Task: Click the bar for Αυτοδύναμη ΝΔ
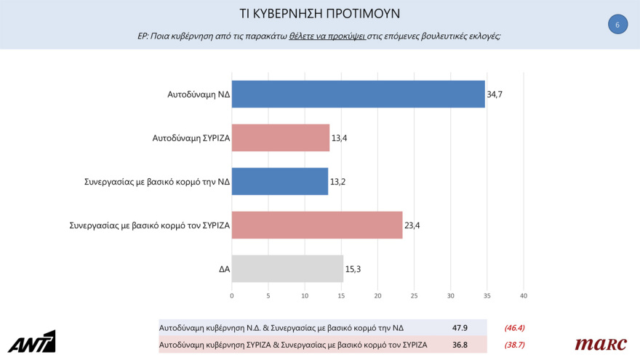[358, 94]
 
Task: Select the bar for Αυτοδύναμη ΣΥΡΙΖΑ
[281, 137]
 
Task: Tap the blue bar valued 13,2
[280, 181]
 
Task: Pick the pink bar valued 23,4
[317, 225]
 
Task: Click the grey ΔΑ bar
[287, 268]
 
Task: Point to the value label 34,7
[495, 95]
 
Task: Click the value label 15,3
[353, 269]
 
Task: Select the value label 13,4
[339, 138]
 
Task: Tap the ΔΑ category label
[224, 269]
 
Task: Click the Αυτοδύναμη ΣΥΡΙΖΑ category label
[191, 138]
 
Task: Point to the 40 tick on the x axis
[523, 296]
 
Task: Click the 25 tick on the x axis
[414, 296]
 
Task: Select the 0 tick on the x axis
[232, 296]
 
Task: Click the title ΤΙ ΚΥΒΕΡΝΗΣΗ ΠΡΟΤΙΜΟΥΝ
[320, 14]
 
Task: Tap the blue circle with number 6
[617, 25]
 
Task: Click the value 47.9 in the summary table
[459, 328]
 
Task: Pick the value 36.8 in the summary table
[459, 345]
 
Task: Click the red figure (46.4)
[515, 328]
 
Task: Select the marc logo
[601, 344]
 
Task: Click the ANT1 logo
[32, 342]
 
